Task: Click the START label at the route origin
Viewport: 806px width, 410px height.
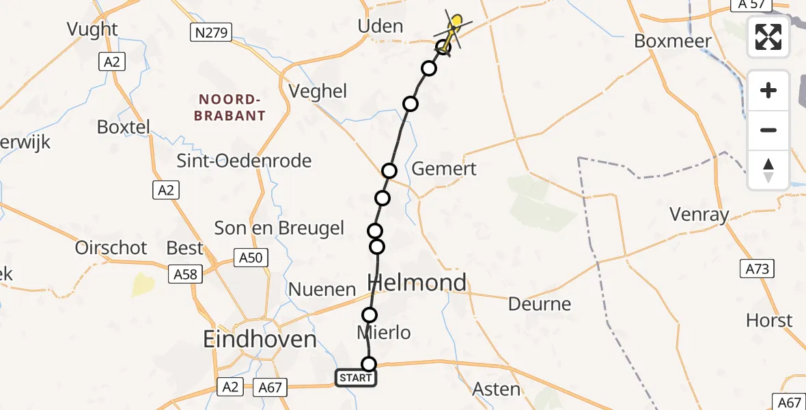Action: pyautogui.click(x=355, y=378)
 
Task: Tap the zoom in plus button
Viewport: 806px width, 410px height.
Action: pyautogui.click(x=768, y=91)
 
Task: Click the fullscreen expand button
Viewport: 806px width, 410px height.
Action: pyautogui.click(x=768, y=37)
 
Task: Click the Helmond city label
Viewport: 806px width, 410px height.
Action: pyautogui.click(x=417, y=282)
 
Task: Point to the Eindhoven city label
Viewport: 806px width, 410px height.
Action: pyautogui.click(x=260, y=340)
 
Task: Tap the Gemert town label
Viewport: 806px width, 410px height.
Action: pyautogui.click(x=444, y=169)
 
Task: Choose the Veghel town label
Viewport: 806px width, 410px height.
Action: pyautogui.click(x=318, y=92)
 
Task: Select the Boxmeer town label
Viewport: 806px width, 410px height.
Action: pyautogui.click(x=672, y=41)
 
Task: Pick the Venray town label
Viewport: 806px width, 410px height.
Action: pyautogui.click(x=699, y=215)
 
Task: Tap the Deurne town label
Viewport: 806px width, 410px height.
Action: pyautogui.click(x=540, y=303)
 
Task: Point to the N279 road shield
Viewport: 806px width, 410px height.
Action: pyautogui.click(x=210, y=32)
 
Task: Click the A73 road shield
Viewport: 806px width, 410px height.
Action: pyautogui.click(x=756, y=269)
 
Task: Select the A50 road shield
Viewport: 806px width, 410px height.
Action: pyautogui.click(x=251, y=258)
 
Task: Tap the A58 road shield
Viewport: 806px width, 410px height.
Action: pyautogui.click(x=185, y=274)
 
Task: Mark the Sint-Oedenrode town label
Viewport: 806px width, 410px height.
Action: pyautogui.click(x=244, y=161)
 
